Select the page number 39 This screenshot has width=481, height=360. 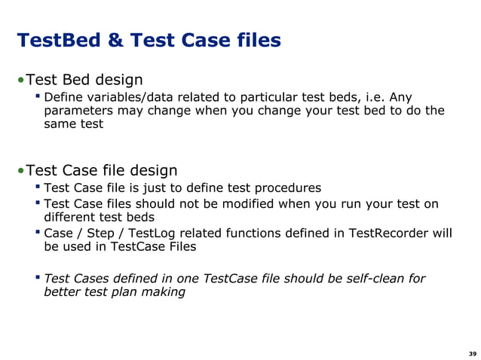coord(472,354)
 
